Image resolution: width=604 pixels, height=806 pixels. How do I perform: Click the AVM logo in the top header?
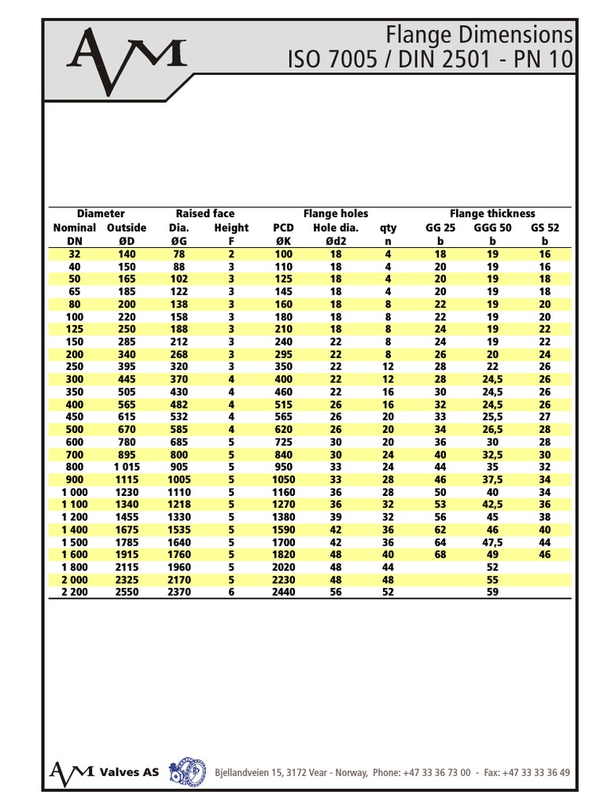tap(127, 59)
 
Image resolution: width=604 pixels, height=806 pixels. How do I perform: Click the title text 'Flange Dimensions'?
tap(480, 35)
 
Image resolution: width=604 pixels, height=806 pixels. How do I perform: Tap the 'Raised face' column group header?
tap(204, 213)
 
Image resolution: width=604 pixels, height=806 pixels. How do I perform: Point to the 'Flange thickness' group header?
tap(492, 213)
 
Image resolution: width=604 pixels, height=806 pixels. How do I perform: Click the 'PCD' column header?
tap(283, 227)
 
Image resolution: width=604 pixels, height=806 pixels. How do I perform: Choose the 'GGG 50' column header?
tap(492, 227)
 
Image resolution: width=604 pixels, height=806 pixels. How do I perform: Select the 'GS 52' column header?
tap(545, 227)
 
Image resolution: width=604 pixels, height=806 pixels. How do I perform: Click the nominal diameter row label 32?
tap(74, 254)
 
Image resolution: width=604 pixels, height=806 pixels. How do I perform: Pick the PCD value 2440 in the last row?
tap(283, 592)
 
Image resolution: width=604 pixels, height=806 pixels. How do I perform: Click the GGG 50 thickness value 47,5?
tap(492, 542)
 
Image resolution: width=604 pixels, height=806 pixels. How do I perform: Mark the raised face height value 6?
tap(231, 592)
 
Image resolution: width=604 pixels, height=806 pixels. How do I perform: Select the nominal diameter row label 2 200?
tap(74, 592)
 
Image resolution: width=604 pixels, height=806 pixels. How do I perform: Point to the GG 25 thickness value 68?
tap(440, 554)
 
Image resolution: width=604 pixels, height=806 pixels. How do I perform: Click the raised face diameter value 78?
tap(179, 254)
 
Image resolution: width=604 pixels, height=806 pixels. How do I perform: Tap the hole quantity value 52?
tap(388, 592)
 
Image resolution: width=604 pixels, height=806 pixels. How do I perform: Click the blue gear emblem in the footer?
tap(187, 771)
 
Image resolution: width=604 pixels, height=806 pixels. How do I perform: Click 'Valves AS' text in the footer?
tap(129, 772)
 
